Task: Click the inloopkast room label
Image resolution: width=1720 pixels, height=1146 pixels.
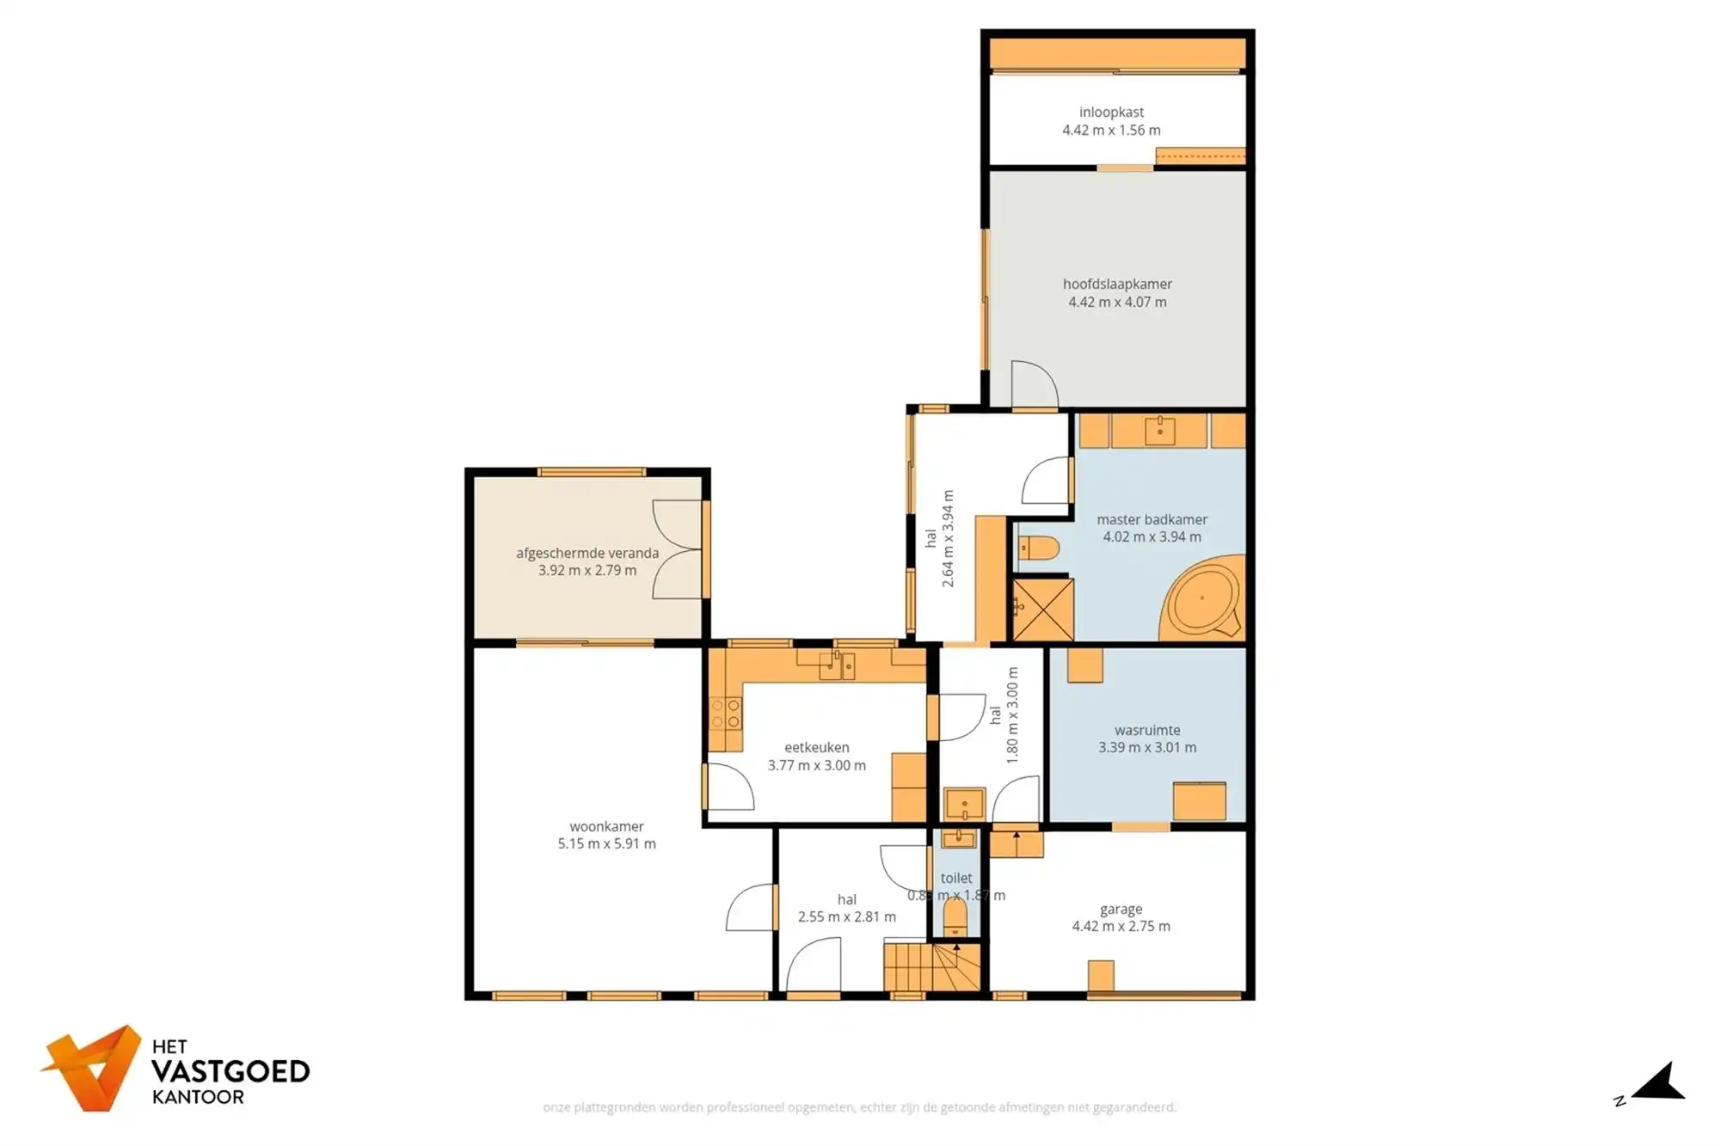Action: (1111, 112)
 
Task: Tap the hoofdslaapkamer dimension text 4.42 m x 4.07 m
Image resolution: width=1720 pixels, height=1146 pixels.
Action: (1117, 302)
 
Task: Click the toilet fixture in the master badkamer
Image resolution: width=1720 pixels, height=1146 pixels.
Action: (1038, 548)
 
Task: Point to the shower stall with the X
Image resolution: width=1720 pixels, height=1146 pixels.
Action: (1043, 610)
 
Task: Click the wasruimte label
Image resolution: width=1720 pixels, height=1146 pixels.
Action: (1147, 730)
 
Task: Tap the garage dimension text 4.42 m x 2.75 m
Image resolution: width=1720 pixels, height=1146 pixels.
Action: (1121, 926)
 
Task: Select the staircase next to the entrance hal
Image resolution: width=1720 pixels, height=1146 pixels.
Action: (931, 967)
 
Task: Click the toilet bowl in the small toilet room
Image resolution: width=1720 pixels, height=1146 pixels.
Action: (955, 917)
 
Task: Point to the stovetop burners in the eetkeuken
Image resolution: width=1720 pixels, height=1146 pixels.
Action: (725, 714)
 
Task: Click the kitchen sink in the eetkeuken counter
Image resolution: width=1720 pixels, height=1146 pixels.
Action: (836, 665)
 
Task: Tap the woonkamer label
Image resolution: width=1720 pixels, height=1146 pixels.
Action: (606, 826)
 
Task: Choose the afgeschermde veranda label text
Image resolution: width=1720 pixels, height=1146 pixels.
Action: (587, 553)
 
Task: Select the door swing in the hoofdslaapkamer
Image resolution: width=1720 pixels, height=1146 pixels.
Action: (1034, 385)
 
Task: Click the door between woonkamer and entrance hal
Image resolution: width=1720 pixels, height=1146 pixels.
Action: (752, 908)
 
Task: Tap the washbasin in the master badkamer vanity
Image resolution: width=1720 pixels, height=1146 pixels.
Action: (1159, 430)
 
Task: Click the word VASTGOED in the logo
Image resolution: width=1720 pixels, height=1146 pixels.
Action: (230, 1071)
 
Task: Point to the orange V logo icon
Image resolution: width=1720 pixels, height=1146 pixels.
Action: (93, 1068)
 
